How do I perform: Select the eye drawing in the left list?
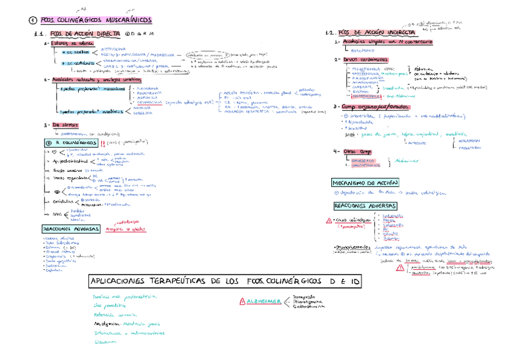click(57, 191)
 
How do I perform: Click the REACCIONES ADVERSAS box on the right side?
click(364, 206)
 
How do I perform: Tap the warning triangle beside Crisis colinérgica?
click(328, 221)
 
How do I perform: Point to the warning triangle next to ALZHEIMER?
click(242, 301)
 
